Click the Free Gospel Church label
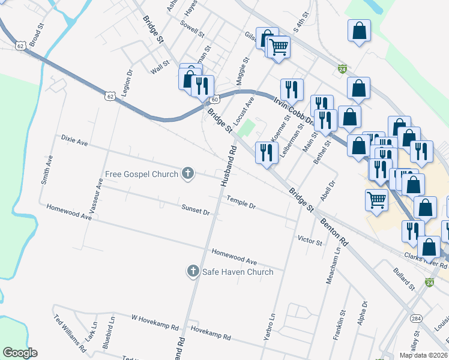(141, 174)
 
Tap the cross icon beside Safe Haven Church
(193, 272)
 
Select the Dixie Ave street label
(74, 140)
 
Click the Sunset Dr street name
(195, 209)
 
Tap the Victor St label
(310, 240)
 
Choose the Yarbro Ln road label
(269, 327)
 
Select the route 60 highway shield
(214, 99)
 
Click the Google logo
(20, 353)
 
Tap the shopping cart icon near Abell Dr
(376, 200)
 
